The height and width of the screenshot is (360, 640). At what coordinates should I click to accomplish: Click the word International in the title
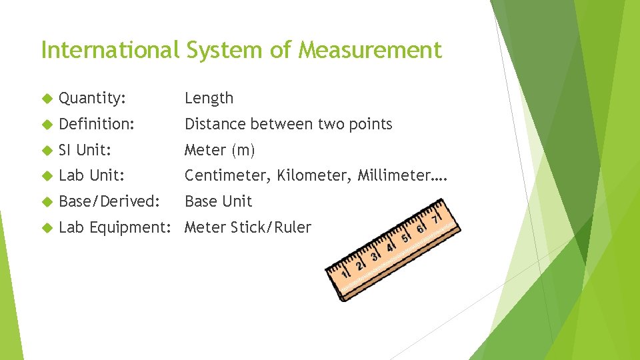click(110, 50)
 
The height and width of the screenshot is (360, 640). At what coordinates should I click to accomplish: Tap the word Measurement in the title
click(370, 50)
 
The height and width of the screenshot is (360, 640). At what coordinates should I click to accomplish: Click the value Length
click(209, 98)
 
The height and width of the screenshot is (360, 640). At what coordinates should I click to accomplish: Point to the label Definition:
click(96, 124)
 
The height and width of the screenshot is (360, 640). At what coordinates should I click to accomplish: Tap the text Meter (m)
click(219, 150)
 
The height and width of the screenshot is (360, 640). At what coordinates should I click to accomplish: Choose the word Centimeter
click(226, 176)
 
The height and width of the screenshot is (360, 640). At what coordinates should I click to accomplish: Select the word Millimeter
click(393, 176)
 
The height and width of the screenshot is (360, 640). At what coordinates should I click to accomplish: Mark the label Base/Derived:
click(109, 201)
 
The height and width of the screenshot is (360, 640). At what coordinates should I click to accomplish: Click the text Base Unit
click(218, 201)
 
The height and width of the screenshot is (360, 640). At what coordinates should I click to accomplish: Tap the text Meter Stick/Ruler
click(247, 227)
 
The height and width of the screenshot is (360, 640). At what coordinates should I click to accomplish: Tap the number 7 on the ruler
click(437, 218)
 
